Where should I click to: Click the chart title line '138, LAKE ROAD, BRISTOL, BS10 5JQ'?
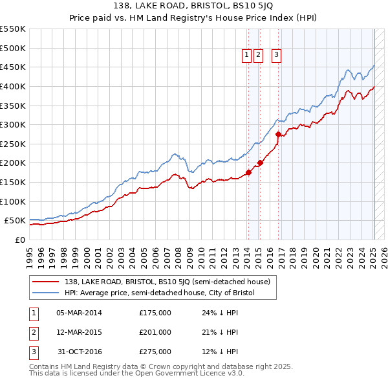click(x=194, y=7)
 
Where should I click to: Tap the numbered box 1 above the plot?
click(x=248, y=56)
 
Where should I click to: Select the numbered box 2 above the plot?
click(x=259, y=56)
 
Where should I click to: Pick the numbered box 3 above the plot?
click(x=277, y=56)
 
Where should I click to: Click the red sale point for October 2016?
click(x=279, y=135)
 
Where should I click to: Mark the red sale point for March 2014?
click(x=248, y=173)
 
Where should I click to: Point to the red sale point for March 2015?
click(x=260, y=163)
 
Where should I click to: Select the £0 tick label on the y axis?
click(x=19, y=240)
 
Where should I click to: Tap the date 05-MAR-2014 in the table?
click(x=79, y=313)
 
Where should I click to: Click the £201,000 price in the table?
click(x=155, y=332)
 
